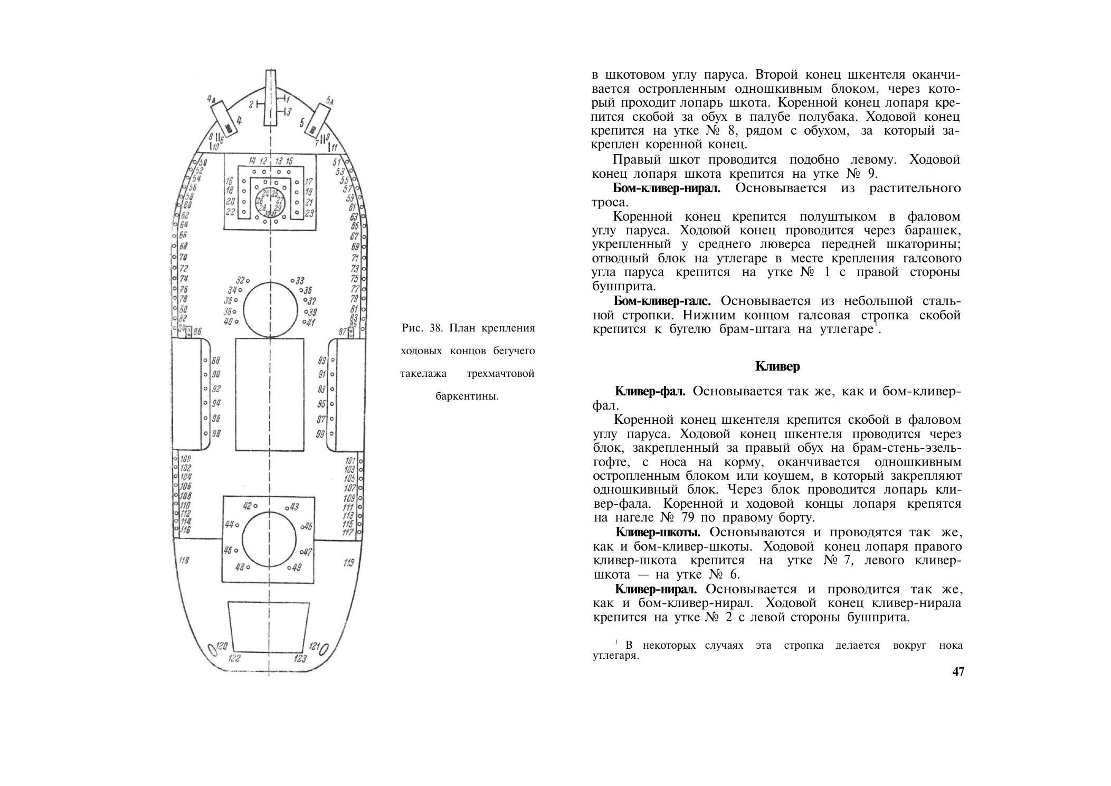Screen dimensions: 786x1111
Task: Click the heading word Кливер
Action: tap(777, 367)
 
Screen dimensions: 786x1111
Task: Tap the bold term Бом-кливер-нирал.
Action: tap(666, 188)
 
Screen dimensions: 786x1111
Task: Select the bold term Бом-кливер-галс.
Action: tap(662, 301)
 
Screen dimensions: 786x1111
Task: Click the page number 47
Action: tap(958, 672)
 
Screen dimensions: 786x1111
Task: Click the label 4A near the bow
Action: tap(211, 99)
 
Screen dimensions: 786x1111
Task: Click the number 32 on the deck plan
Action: tap(240, 280)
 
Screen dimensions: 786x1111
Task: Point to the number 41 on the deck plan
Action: tap(311, 323)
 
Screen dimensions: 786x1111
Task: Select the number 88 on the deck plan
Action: tap(215, 361)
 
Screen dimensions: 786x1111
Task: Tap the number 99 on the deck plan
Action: tap(320, 434)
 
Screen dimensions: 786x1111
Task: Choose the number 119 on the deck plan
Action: tap(349, 563)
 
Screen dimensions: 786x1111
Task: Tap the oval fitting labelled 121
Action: tap(326, 648)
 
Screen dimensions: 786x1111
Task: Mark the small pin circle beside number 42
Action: tap(255, 507)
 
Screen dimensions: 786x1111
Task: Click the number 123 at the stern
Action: tap(300, 658)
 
